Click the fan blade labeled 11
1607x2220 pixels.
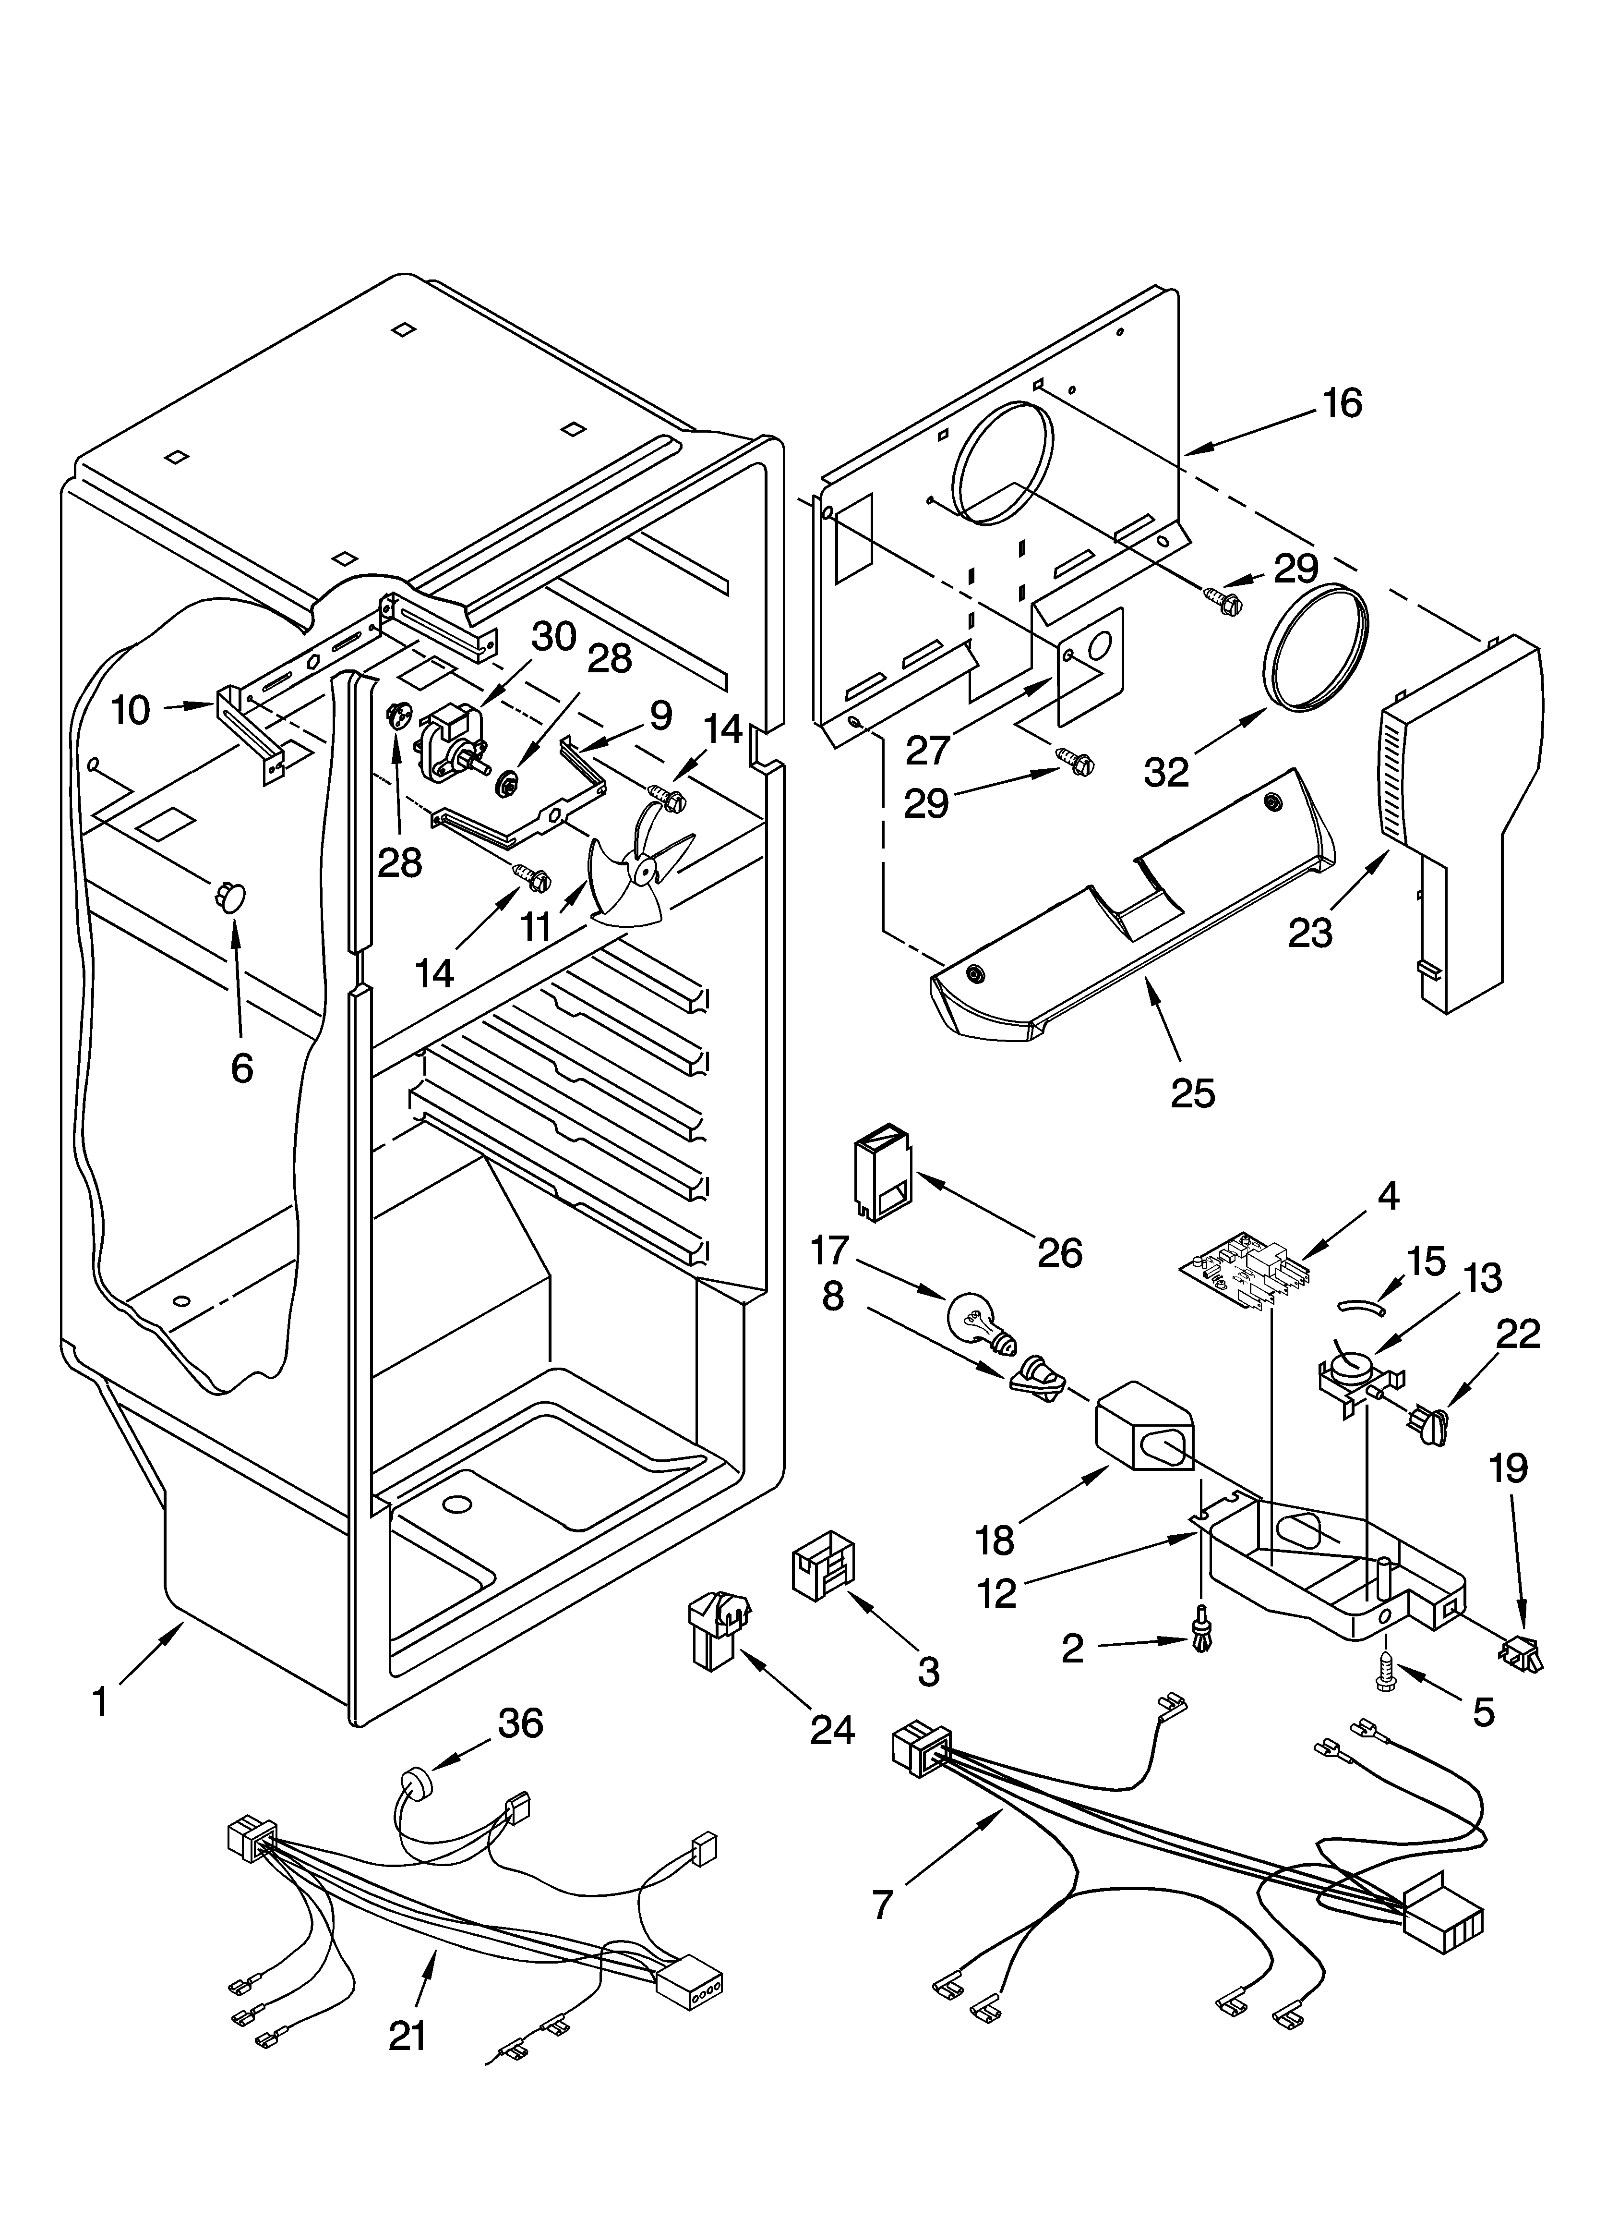pyautogui.click(x=636, y=866)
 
